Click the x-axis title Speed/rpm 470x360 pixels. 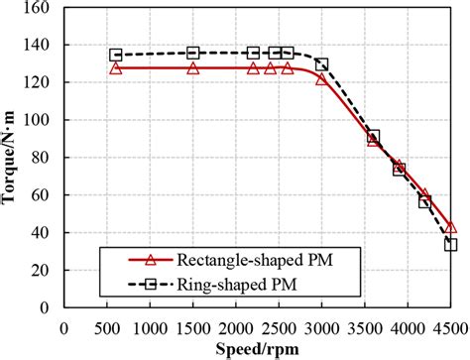point(261,348)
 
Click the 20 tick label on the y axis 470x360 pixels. point(44,272)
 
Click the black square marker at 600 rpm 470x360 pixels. point(116,56)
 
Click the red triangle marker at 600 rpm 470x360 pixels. point(116,67)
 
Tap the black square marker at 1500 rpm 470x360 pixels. point(193,53)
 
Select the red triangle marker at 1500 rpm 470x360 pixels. point(193,67)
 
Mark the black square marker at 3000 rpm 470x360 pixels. point(322,64)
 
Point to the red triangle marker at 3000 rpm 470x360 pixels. point(322,78)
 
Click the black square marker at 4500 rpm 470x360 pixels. point(451,244)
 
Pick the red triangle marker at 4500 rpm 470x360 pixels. point(451,227)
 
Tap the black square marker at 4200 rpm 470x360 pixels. point(425,202)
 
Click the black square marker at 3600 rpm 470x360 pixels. point(374,136)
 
